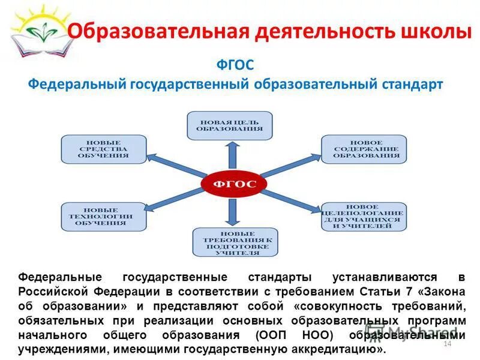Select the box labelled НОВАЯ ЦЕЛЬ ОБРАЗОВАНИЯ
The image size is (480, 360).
[x=229, y=125]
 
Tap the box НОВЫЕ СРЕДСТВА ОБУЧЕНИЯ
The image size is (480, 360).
[x=103, y=149]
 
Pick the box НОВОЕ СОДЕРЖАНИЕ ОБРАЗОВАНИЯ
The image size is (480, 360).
[x=363, y=149]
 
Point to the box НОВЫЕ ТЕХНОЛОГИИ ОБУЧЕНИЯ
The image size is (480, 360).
[x=103, y=217]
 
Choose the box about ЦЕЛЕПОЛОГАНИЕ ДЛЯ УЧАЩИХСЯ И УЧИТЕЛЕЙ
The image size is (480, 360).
[x=363, y=217]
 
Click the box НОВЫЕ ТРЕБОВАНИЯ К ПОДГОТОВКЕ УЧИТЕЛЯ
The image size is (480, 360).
[x=235, y=243]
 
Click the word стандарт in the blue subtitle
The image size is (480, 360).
[x=412, y=84]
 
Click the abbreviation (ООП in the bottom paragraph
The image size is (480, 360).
[x=270, y=335]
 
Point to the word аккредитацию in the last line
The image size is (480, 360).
[x=345, y=349]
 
